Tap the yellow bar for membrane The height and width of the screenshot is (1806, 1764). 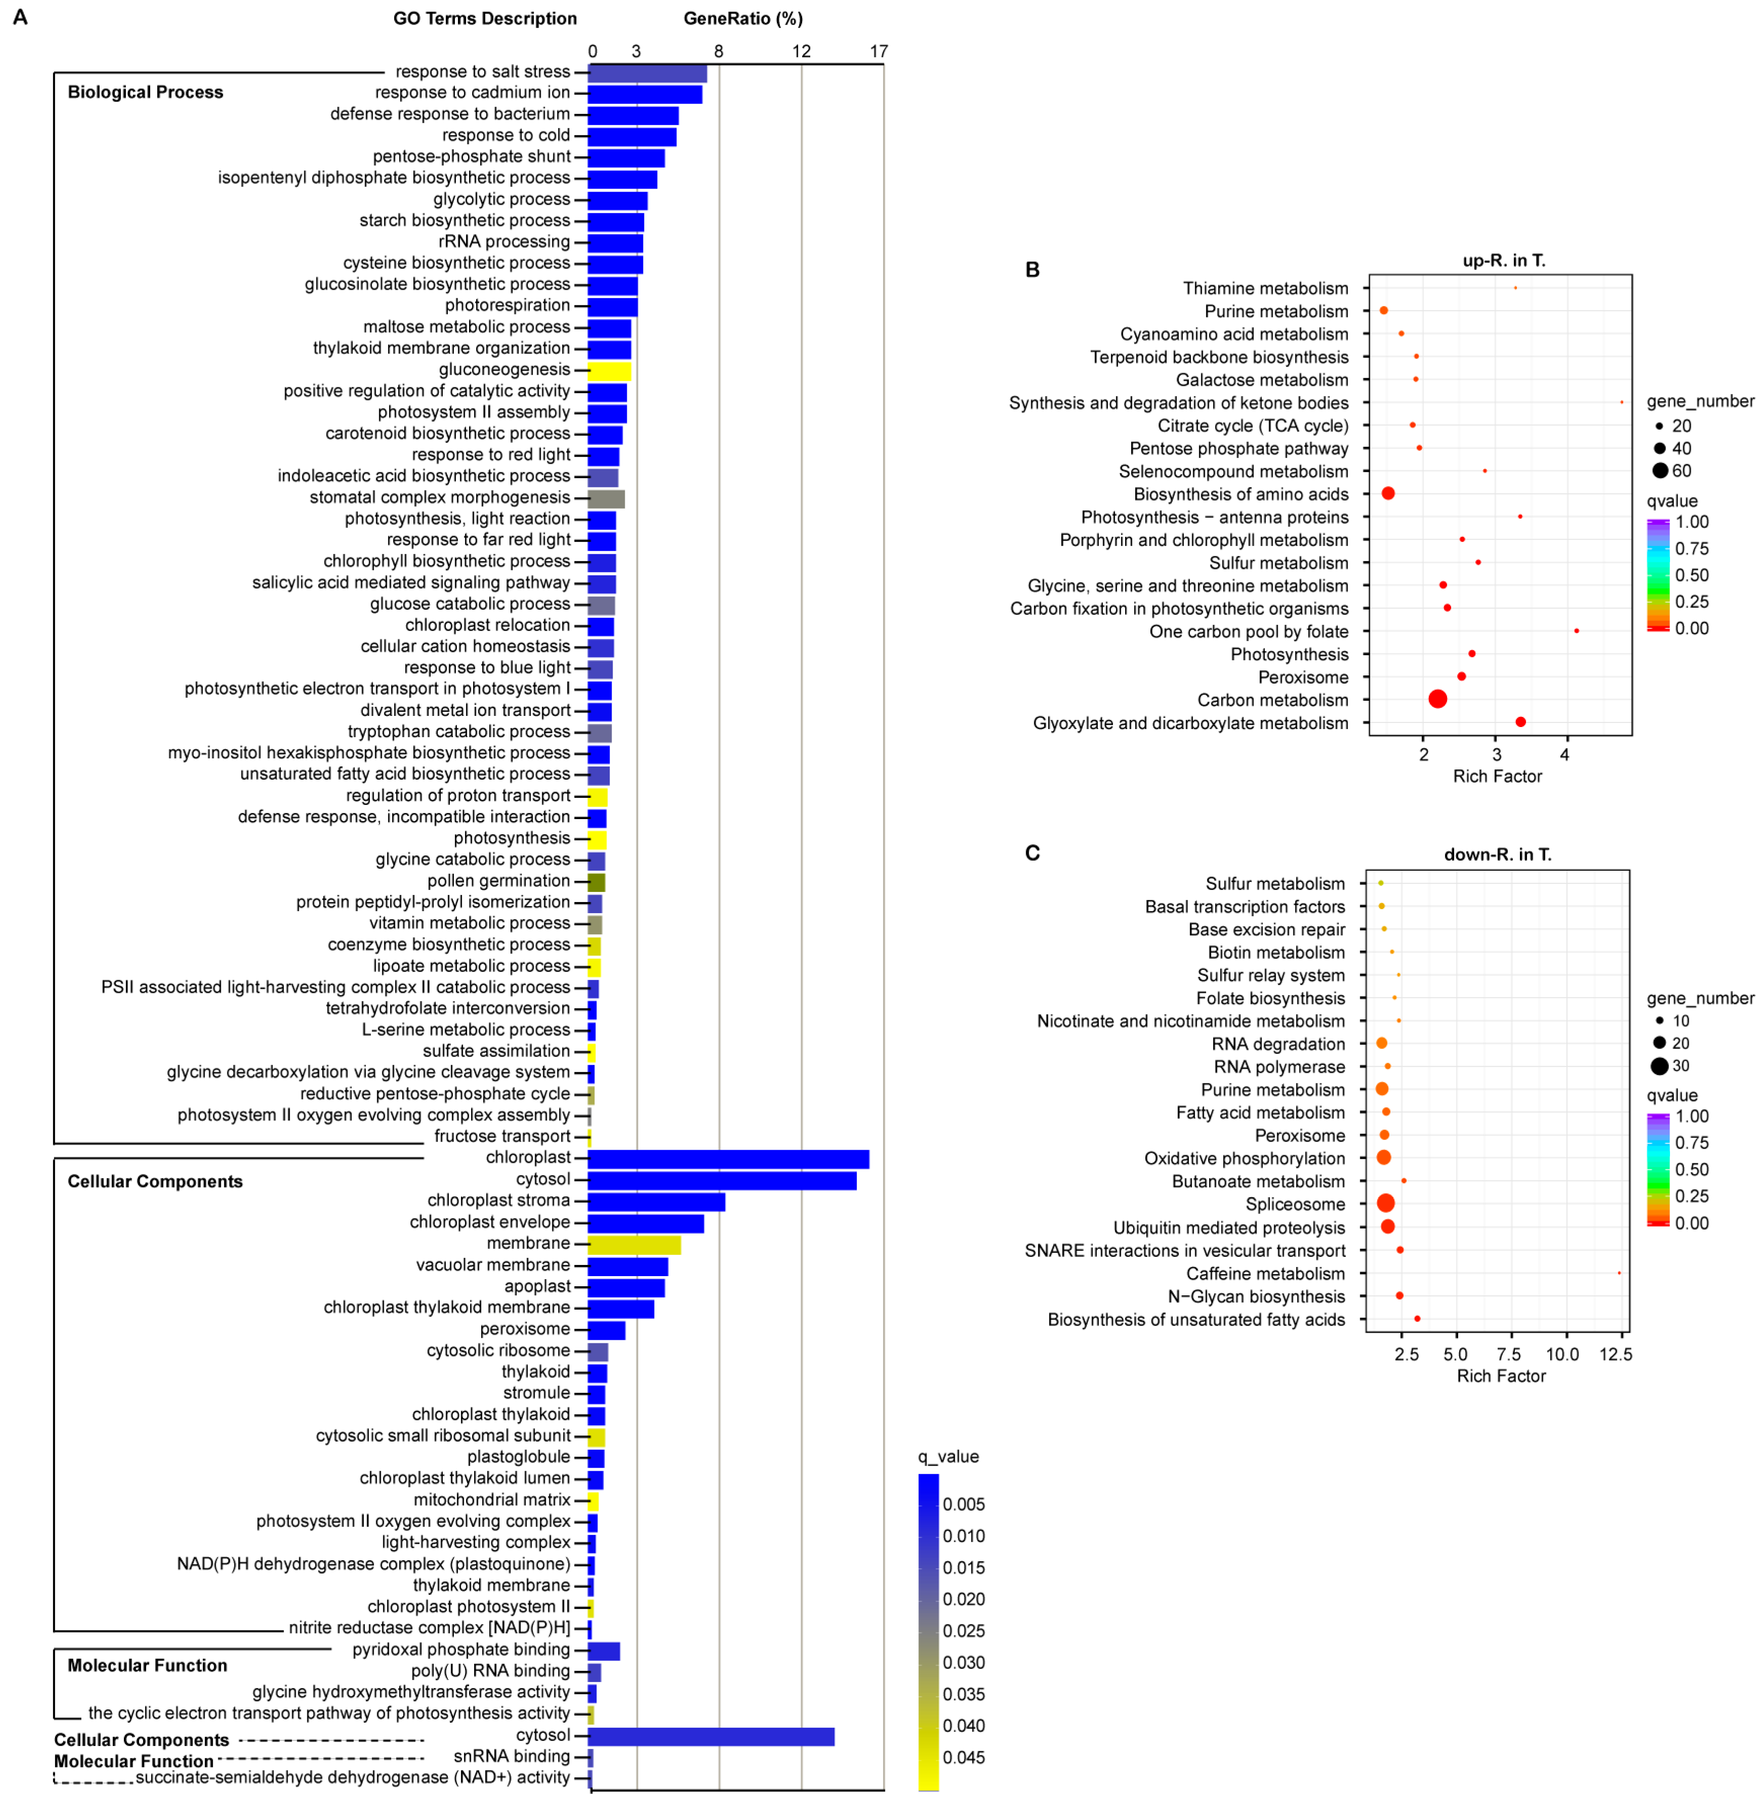pos(634,1244)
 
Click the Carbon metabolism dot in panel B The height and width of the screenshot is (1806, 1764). pos(1437,699)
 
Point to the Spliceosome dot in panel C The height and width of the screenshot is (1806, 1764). pos(1385,1203)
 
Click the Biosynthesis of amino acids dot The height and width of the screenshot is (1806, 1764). pos(1388,493)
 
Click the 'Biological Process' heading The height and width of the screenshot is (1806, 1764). pos(146,92)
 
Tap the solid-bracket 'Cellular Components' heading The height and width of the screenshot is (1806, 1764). pos(155,1182)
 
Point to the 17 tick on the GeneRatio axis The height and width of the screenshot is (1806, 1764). pos(878,51)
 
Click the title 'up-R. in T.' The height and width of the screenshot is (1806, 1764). pos(1503,260)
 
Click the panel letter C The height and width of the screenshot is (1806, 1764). pos(1032,852)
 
